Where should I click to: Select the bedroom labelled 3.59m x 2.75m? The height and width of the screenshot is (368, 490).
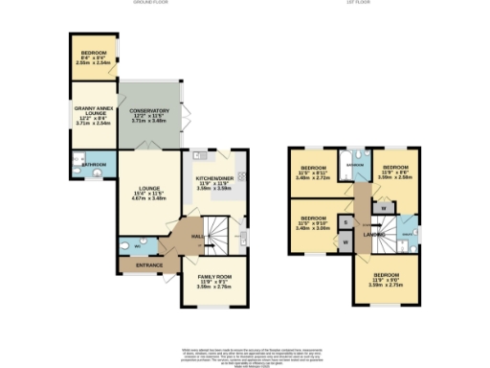point(387,283)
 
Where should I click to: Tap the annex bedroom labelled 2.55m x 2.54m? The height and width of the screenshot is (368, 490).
point(93,56)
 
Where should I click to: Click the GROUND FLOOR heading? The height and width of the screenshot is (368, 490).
point(151,4)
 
